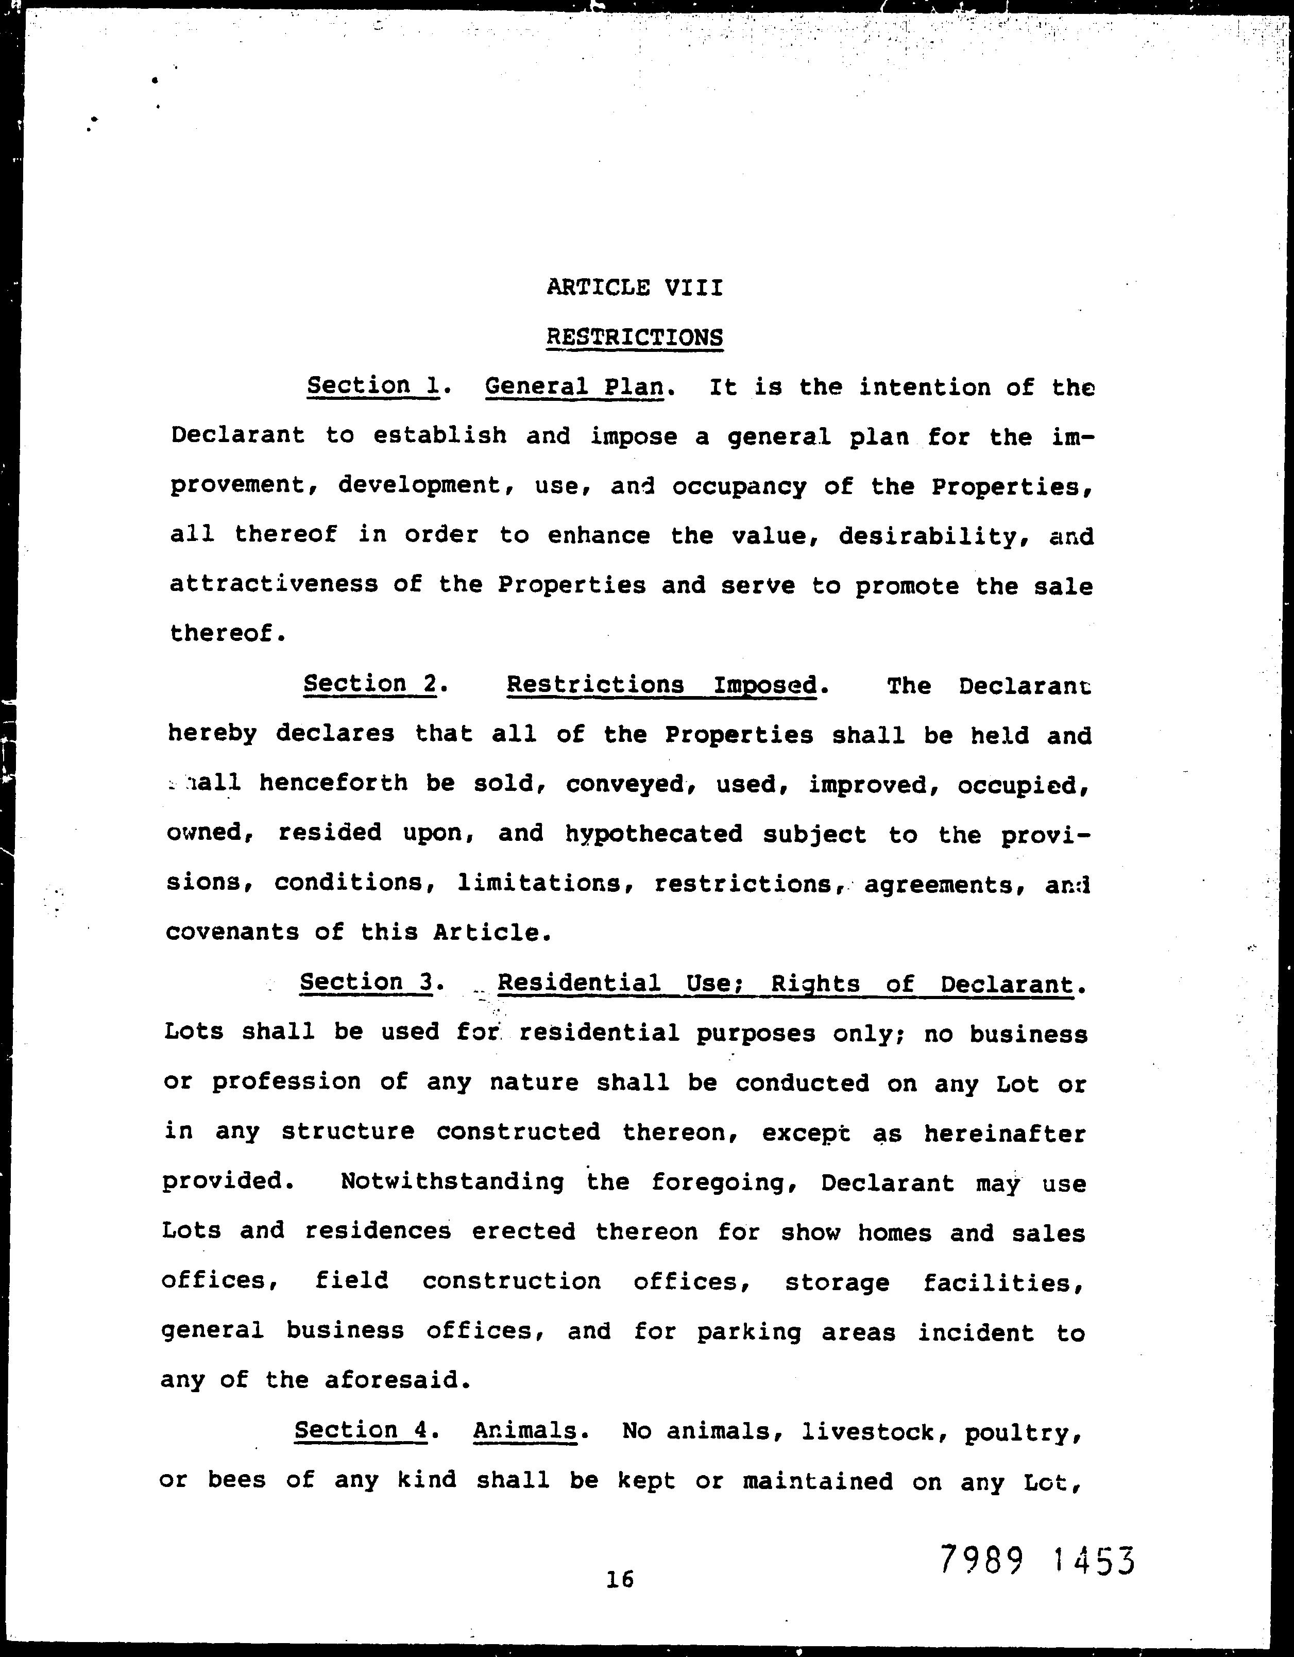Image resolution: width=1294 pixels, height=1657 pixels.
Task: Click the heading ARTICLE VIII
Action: click(634, 288)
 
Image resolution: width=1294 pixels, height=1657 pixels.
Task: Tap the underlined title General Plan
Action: click(575, 387)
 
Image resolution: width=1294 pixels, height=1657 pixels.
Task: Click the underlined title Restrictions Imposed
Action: click(662, 685)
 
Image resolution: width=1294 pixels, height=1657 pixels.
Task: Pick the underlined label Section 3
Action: click(366, 983)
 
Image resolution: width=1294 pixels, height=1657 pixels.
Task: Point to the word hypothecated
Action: click(654, 834)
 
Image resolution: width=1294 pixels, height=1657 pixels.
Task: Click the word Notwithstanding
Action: click(452, 1182)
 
